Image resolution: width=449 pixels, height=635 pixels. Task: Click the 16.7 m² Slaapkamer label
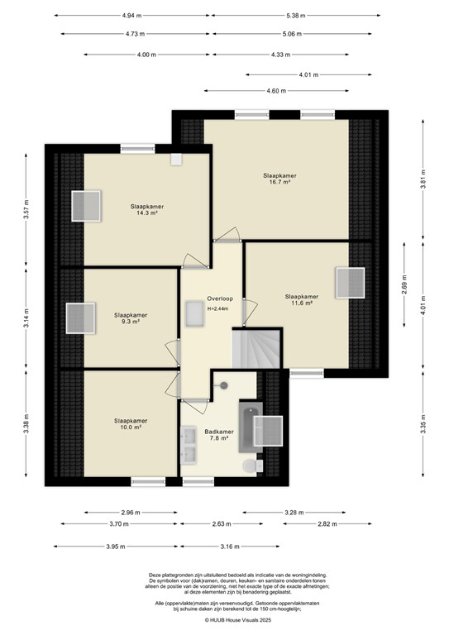(x=279, y=179)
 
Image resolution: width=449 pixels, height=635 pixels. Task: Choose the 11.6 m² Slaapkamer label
(x=301, y=299)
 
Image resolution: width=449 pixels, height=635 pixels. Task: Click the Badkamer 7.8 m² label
(x=219, y=435)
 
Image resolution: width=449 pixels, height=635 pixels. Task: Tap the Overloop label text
(x=219, y=298)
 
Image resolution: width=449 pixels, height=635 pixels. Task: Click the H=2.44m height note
(x=217, y=308)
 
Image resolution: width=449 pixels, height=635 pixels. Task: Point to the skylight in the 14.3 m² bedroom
(x=85, y=206)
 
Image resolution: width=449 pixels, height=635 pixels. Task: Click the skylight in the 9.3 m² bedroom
(x=80, y=317)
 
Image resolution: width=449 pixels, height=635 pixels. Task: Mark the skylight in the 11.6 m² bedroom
(x=349, y=283)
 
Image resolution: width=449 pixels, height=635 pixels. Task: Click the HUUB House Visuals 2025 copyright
(x=224, y=618)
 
